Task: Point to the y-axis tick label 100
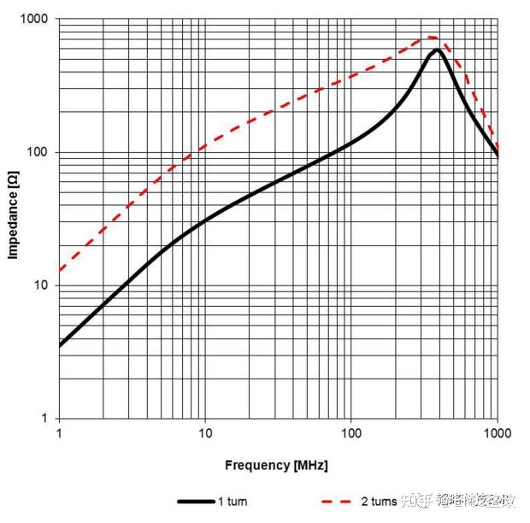pos(39,152)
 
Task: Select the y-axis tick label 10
pos(43,285)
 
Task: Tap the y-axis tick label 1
pos(46,419)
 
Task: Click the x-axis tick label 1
pos(59,433)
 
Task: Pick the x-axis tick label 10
pos(205,433)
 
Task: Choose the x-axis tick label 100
pos(351,433)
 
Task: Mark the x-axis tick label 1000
pos(498,433)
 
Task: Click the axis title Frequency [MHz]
pos(276,466)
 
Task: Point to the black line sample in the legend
pos(194,502)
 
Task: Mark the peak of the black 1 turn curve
pos(437,50)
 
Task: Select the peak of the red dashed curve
pos(430,38)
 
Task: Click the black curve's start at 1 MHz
pos(60,346)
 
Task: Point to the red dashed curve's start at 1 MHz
pos(60,273)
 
